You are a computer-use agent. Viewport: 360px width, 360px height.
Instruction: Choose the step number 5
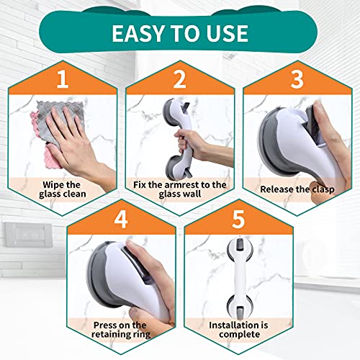(237, 219)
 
